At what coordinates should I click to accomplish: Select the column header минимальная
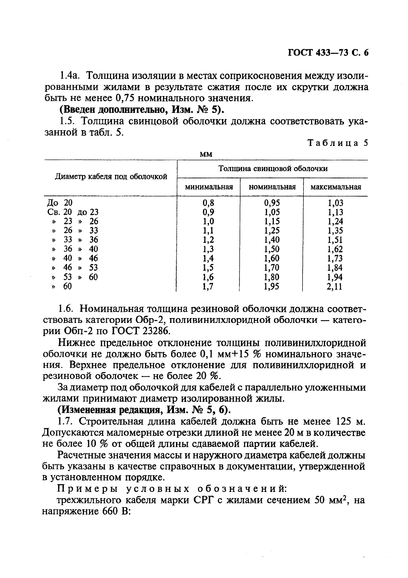point(209,187)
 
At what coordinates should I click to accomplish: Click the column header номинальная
point(272,187)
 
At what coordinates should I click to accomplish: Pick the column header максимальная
point(335,187)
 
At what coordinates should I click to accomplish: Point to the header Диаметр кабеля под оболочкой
point(111,177)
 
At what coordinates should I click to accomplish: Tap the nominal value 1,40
point(272,240)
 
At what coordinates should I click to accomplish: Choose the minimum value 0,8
point(209,203)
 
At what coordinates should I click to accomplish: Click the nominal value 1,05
point(272,212)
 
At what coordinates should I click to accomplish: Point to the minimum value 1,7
point(209,286)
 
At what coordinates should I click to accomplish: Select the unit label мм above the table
point(206,154)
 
